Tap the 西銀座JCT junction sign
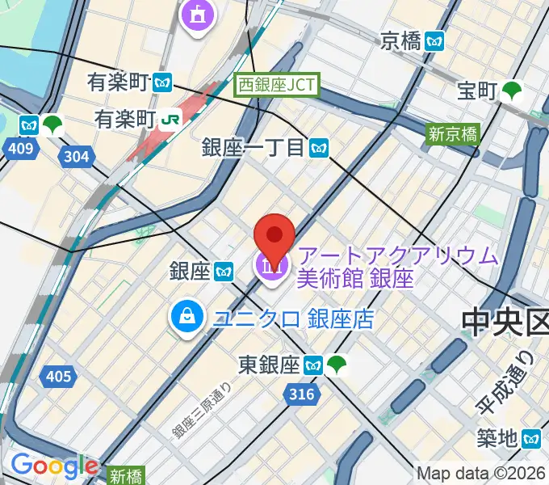278,85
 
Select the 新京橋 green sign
453,134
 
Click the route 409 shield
22,148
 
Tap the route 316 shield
299,393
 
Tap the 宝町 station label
476,91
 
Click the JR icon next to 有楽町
170,119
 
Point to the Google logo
54,466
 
